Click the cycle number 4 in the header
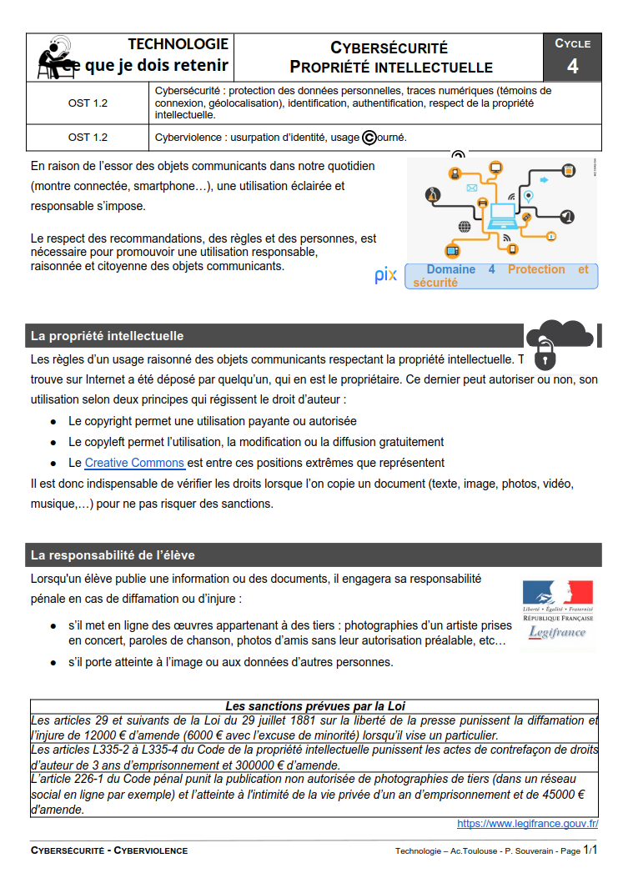click(x=572, y=67)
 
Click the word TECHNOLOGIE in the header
click(x=178, y=44)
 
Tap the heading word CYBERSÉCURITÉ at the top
click(x=389, y=48)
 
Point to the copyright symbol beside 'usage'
click(x=369, y=137)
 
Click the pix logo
click(x=386, y=276)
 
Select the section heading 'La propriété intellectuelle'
click(x=107, y=336)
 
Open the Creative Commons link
click(x=134, y=463)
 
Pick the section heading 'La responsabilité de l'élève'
click(x=113, y=554)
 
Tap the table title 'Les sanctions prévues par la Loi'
click(x=315, y=706)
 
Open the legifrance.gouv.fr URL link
click(x=527, y=824)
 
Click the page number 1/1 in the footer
click(x=590, y=850)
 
